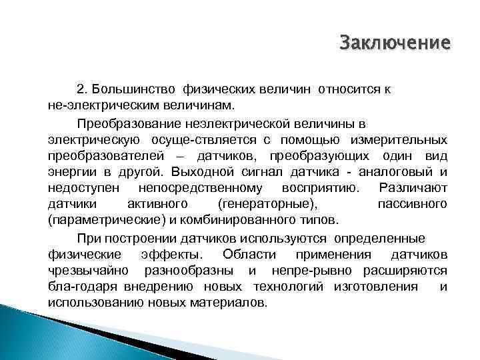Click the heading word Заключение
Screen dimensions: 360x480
[x=395, y=44]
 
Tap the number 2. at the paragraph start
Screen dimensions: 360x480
[x=82, y=89]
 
